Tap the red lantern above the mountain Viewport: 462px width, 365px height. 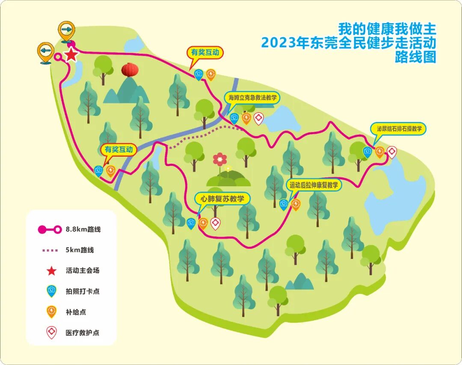tap(130, 70)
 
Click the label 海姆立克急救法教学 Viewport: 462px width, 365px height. tap(252, 98)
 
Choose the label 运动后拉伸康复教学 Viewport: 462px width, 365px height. tap(314, 185)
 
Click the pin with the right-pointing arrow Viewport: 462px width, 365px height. tap(66, 30)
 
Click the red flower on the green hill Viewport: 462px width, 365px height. tap(220, 159)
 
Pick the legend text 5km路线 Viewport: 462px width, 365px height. tap(80, 250)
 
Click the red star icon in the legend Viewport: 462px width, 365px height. tap(51, 271)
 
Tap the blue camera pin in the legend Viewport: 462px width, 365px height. tap(51, 291)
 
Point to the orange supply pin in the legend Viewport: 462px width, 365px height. tap(51, 312)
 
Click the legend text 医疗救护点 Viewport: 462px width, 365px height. tap(83, 332)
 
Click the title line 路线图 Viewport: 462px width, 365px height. tap(415, 57)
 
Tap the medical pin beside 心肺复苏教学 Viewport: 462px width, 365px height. tap(215, 223)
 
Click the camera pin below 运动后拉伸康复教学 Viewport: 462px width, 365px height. tap(283, 204)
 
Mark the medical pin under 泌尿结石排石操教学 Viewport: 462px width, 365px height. tap(391, 151)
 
